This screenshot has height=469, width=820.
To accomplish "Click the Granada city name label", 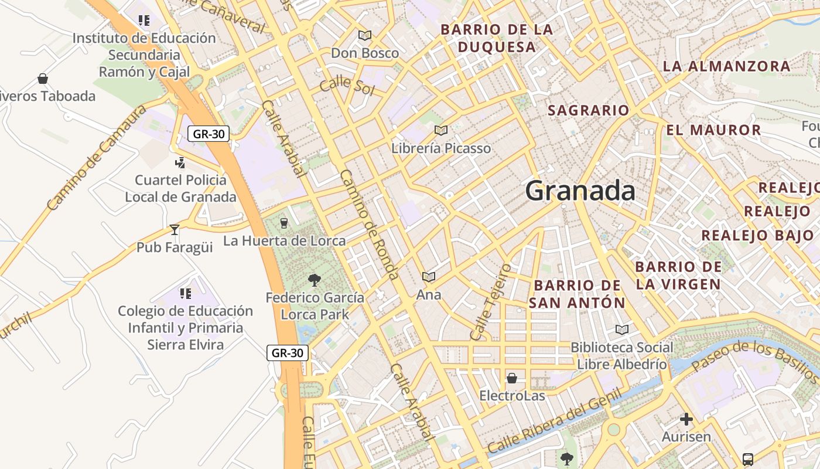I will [580, 191].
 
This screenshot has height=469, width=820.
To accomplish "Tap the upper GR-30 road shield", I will [209, 134].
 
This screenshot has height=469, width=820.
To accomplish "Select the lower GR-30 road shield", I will [288, 353].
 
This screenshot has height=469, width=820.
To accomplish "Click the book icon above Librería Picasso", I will [441, 130].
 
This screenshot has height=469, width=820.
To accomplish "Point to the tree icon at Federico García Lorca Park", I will [315, 280].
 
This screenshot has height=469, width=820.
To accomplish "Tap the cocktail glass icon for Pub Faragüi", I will [174, 229].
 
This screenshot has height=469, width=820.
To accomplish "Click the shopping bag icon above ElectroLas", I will [512, 378].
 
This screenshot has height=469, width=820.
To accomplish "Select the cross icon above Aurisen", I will [686, 419].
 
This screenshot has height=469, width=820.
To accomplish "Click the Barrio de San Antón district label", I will [577, 294].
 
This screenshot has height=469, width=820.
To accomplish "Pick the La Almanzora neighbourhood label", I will [726, 66].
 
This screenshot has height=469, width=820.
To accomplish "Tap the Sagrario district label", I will [588, 110].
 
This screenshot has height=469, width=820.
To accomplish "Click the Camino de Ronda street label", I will [370, 225].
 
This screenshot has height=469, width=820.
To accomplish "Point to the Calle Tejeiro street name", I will [491, 302].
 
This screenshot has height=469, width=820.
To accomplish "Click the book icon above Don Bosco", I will [365, 35].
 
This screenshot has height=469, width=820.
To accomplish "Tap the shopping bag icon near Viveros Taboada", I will [42, 79].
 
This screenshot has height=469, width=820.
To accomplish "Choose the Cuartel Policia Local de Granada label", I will [180, 188].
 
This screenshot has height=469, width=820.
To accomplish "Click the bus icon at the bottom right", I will [748, 459].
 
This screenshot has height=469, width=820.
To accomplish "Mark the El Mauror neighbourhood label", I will [713, 130].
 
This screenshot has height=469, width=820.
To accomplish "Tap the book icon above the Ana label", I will [429, 277].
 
